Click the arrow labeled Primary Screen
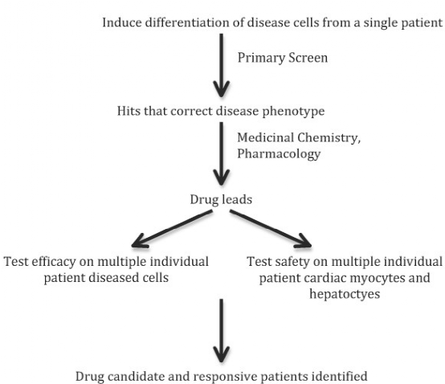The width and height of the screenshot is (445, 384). [x=222, y=66]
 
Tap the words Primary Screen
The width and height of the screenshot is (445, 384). [x=283, y=58]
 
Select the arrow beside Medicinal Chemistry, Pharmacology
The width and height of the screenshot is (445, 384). [x=222, y=153]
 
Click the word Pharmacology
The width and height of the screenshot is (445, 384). [x=279, y=154]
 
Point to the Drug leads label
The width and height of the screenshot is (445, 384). [x=221, y=199]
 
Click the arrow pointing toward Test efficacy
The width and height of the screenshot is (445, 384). [x=172, y=229]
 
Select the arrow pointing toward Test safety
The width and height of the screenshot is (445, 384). [x=271, y=229]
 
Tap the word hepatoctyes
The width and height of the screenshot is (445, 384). [x=345, y=294]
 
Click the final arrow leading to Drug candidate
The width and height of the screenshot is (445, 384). [x=222, y=331]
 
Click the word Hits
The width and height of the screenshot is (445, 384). [x=129, y=111]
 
